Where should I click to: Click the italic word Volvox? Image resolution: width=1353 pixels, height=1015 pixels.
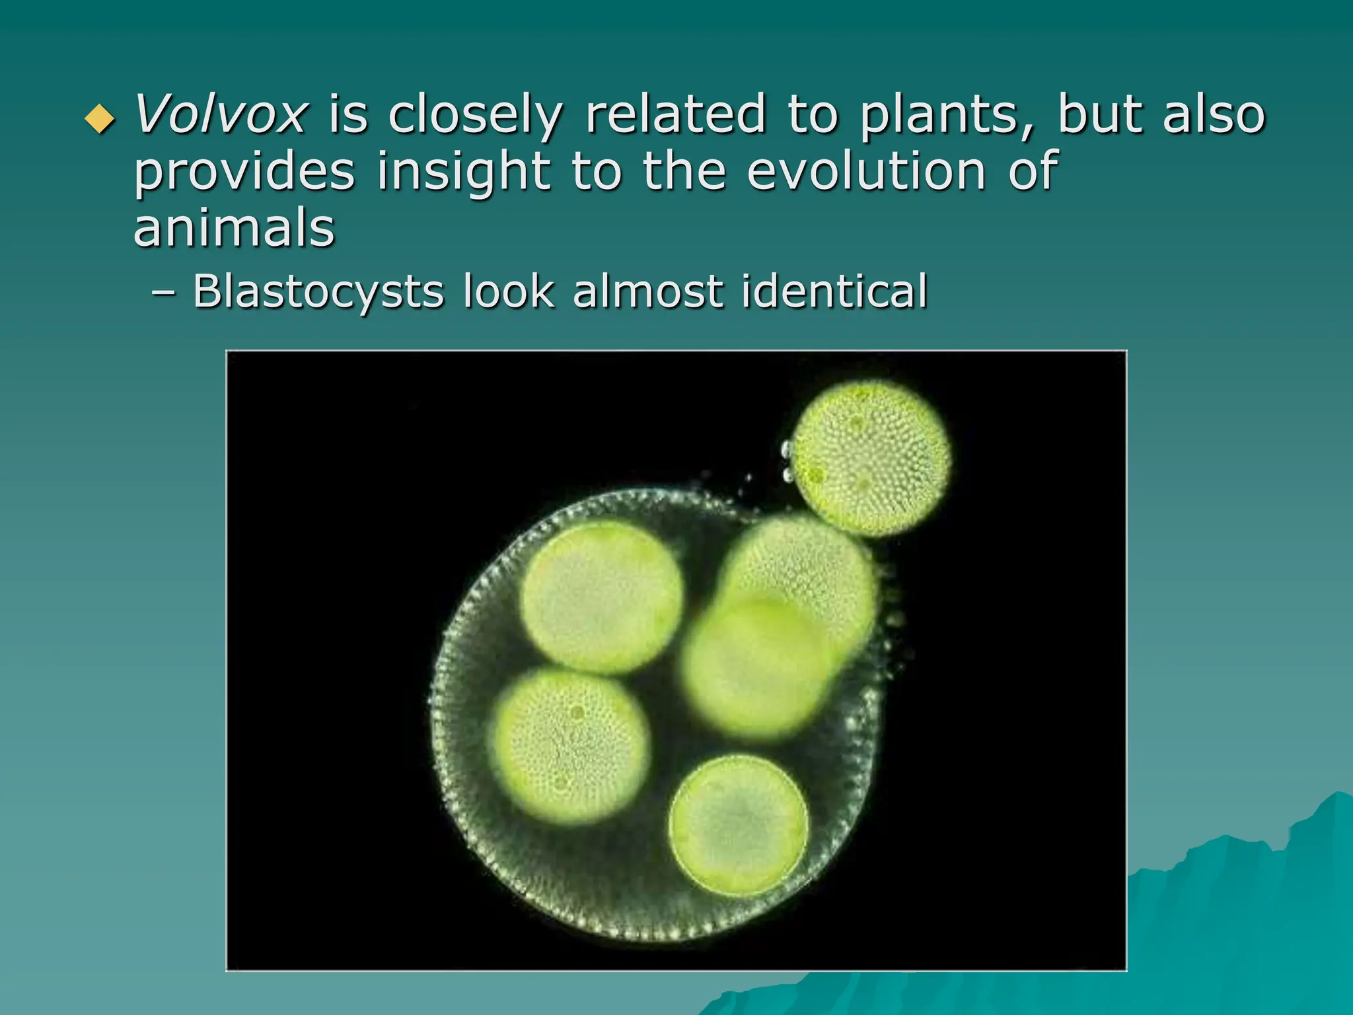pos(220,115)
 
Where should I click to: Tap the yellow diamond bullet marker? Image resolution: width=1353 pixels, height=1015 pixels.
pos(100,119)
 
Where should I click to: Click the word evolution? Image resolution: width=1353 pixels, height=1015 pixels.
pos(867,171)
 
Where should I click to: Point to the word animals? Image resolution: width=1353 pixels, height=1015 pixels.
pos(235,228)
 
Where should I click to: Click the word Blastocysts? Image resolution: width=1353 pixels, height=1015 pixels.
pos(318,291)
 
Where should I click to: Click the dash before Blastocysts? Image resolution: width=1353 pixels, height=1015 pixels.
pos(163,293)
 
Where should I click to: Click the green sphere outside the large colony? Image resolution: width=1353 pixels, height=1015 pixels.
pos(871,457)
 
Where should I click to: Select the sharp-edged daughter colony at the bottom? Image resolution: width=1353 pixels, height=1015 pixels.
pos(739,825)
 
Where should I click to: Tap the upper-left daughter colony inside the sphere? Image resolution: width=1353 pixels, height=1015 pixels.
pos(602,597)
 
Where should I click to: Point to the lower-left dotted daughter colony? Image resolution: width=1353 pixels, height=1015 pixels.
pos(569,747)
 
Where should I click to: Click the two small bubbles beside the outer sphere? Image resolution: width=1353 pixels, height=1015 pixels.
pos(787,463)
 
